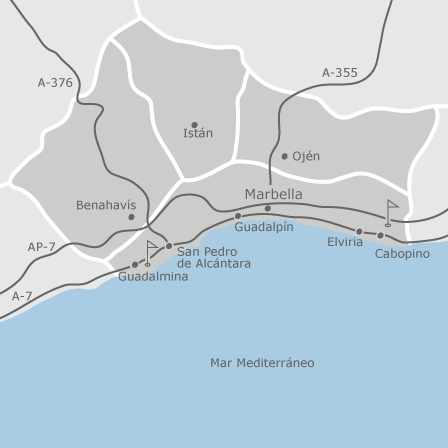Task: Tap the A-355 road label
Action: coord(340,72)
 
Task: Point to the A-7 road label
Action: coord(21,297)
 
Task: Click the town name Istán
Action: coord(197,134)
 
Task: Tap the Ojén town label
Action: coord(305,156)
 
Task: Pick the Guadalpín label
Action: coord(264,227)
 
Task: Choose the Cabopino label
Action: coord(403,254)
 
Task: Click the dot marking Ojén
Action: coord(284,156)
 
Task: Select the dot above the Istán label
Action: coord(194,123)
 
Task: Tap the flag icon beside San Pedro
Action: coord(152,248)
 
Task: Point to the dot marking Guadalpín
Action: coord(238,216)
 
